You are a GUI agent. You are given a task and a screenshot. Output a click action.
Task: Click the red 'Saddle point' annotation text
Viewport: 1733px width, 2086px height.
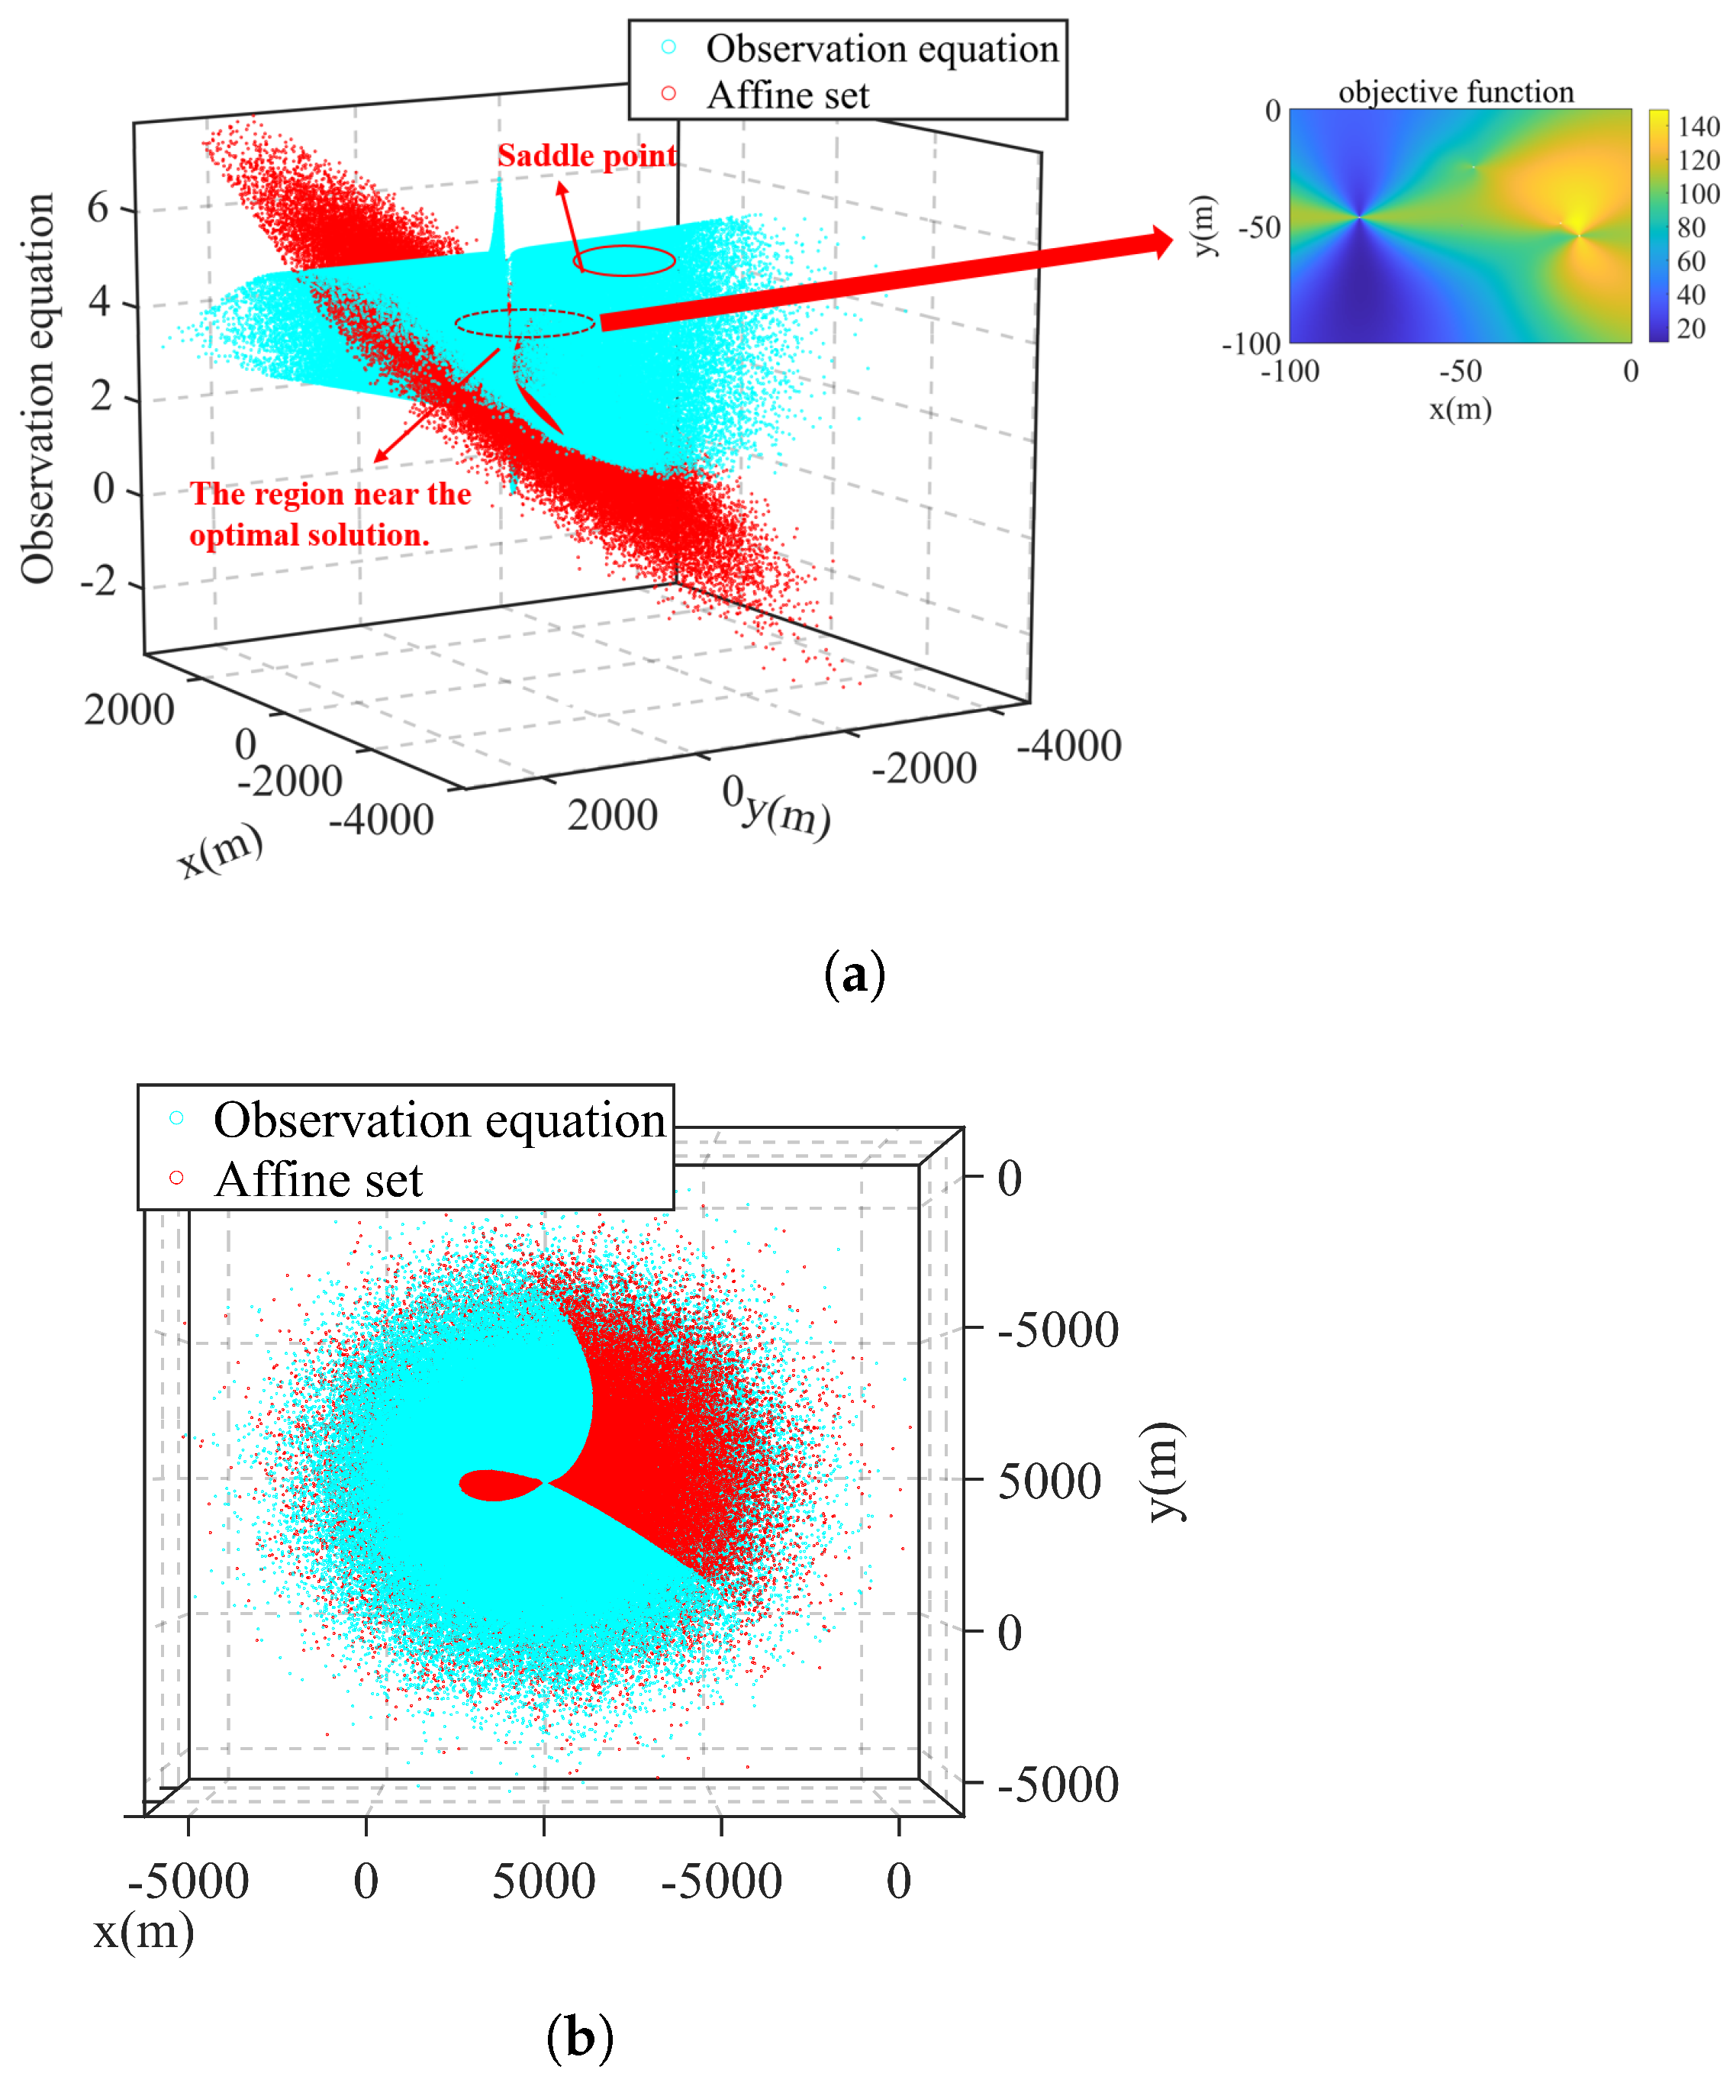[586, 156]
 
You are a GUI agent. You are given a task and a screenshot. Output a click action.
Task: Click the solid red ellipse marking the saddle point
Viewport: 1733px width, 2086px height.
[625, 260]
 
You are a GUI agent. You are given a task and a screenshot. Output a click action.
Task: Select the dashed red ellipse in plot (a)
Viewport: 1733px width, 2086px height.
[525, 324]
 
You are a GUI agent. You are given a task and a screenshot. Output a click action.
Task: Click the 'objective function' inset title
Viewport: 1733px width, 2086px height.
[1455, 92]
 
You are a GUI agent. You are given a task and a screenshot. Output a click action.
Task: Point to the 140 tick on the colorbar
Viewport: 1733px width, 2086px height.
[1698, 127]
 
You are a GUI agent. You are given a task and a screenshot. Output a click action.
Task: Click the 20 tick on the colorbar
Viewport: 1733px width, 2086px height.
[1690, 329]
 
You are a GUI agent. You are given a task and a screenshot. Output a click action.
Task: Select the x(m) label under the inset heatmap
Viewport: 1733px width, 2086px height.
[1460, 408]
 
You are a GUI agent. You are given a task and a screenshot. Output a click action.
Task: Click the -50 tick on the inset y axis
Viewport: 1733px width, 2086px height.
[1258, 227]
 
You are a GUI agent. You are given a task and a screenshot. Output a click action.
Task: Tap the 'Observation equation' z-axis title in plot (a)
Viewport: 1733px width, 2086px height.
[37, 388]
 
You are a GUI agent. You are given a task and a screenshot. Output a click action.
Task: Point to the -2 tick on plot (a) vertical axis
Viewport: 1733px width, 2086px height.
[98, 580]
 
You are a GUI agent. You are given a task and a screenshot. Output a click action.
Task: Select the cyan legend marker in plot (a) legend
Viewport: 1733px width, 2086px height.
[668, 47]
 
